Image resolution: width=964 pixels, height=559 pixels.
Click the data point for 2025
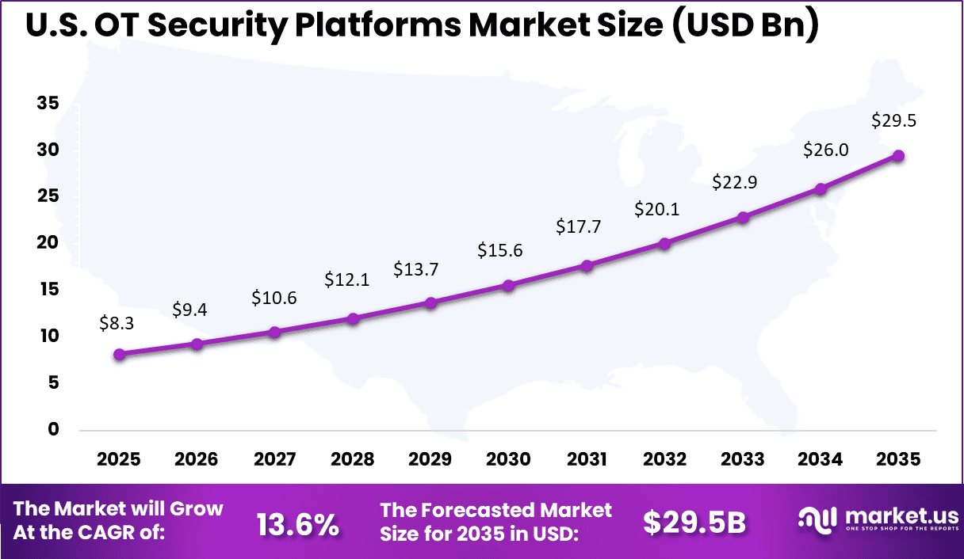pyautogui.click(x=119, y=355)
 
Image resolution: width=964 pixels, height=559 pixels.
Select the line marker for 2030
pyautogui.click(x=509, y=285)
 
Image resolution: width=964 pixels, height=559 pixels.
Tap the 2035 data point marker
pyautogui.click(x=898, y=156)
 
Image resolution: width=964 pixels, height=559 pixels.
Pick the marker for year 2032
pyautogui.click(x=664, y=243)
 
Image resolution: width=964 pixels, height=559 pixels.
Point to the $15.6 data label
pyautogui.click(x=499, y=250)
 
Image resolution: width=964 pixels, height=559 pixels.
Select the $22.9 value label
pyautogui.click(x=734, y=182)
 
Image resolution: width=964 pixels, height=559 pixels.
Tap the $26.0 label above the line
pyautogui.click(x=826, y=149)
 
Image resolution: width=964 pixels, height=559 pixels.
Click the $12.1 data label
pyautogui.click(x=346, y=279)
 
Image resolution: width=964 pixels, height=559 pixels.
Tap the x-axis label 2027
pyautogui.click(x=274, y=460)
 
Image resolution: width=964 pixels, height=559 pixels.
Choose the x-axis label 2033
pyautogui.click(x=742, y=460)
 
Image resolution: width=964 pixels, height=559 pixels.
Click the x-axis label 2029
pyautogui.click(x=430, y=460)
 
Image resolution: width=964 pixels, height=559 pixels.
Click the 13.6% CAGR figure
pyautogui.click(x=297, y=523)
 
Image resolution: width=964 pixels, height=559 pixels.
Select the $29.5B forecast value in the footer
pyautogui.click(x=694, y=523)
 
